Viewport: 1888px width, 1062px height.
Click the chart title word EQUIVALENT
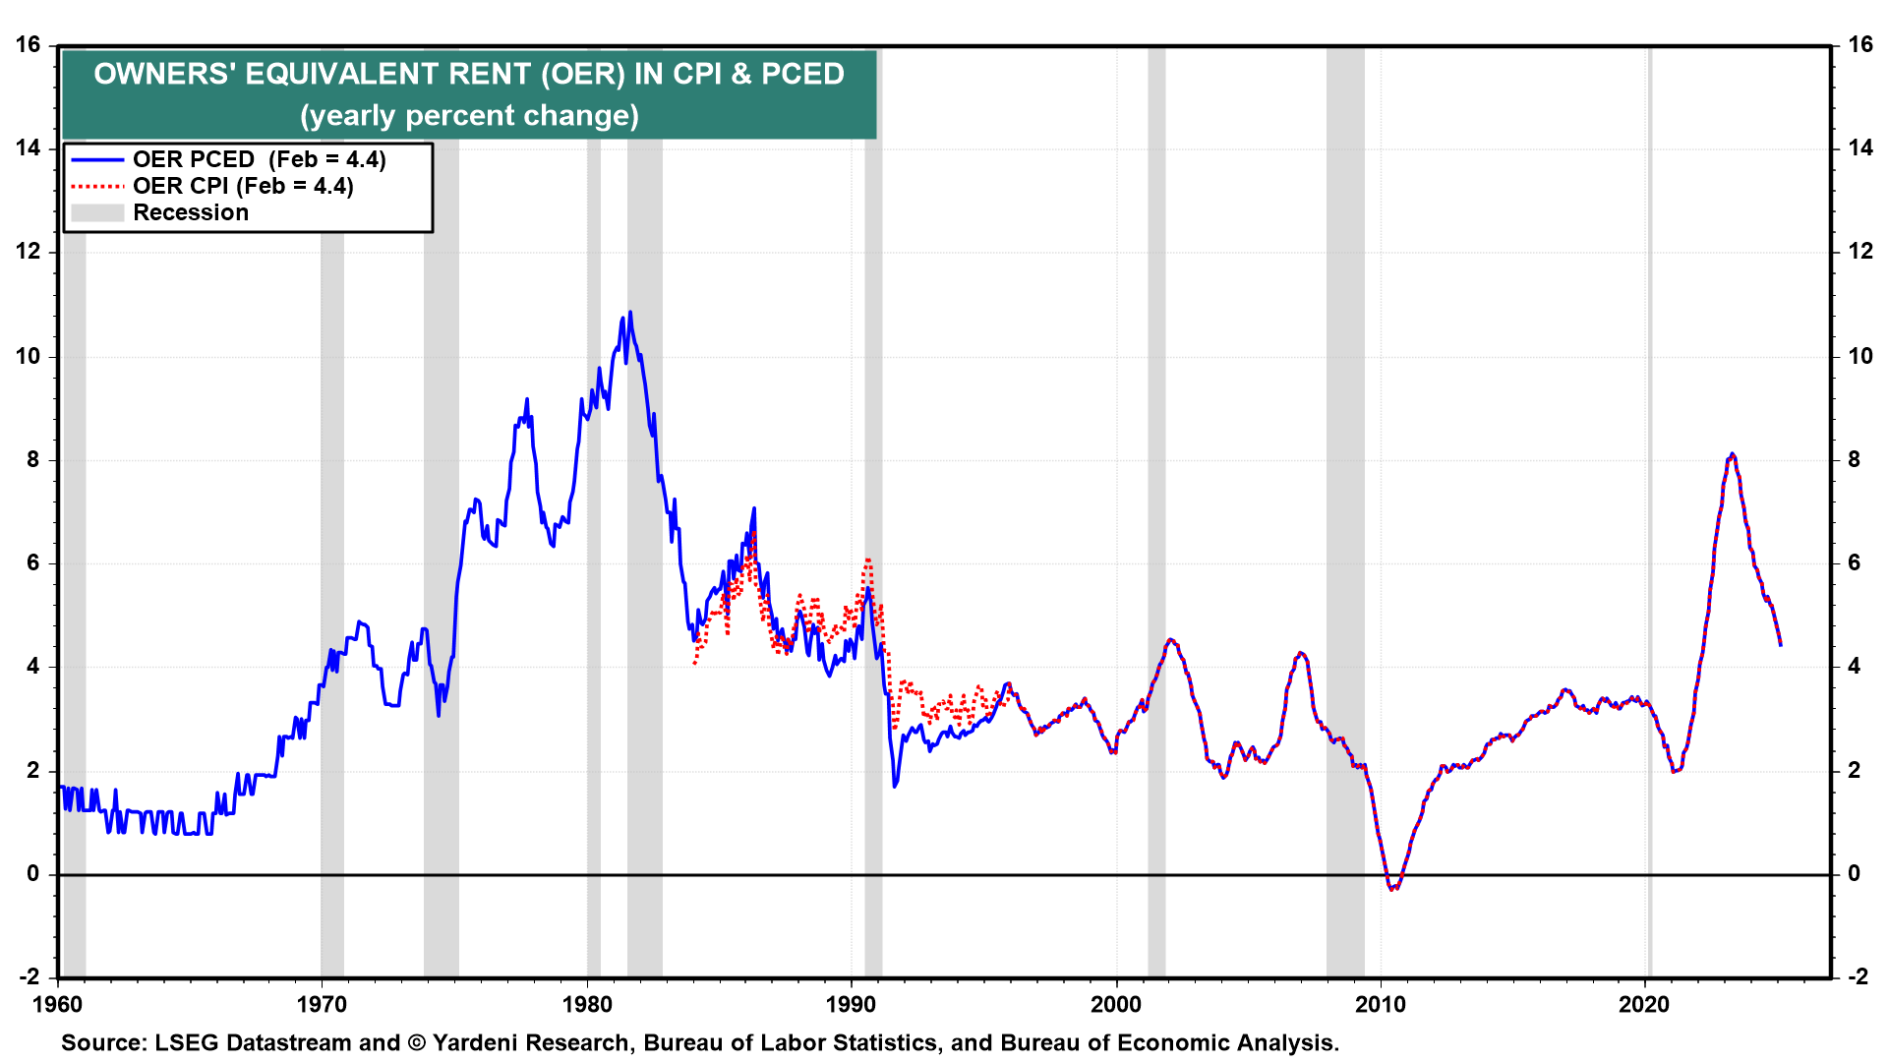[x=391, y=74]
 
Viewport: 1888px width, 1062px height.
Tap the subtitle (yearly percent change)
[x=470, y=116]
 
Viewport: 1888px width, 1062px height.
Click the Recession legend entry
[x=190, y=212]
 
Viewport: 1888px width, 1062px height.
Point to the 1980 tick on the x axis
[x=587, y=1004]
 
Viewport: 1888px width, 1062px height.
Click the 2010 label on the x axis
[x=1382, y=1004]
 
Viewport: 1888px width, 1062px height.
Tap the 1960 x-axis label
[x=58, y=1004]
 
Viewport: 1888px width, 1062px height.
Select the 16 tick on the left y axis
[x=29, y=45]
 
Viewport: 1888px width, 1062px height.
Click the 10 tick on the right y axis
[x=1860, y=356]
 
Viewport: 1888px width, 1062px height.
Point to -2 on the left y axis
[x=29, y=976]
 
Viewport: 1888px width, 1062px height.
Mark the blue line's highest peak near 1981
[x=630, y=313]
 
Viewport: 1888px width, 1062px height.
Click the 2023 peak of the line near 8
[x=1732, y=454]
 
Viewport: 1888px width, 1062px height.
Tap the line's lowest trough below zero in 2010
[x=1392, y=889]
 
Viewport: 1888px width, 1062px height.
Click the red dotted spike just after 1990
[x=868, y=560]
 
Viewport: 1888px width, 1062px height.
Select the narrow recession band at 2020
[x=1649, y=511]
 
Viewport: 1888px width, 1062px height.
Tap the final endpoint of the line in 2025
[x=1781, y=645]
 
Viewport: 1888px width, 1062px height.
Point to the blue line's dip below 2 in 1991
[x=895, y=786]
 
